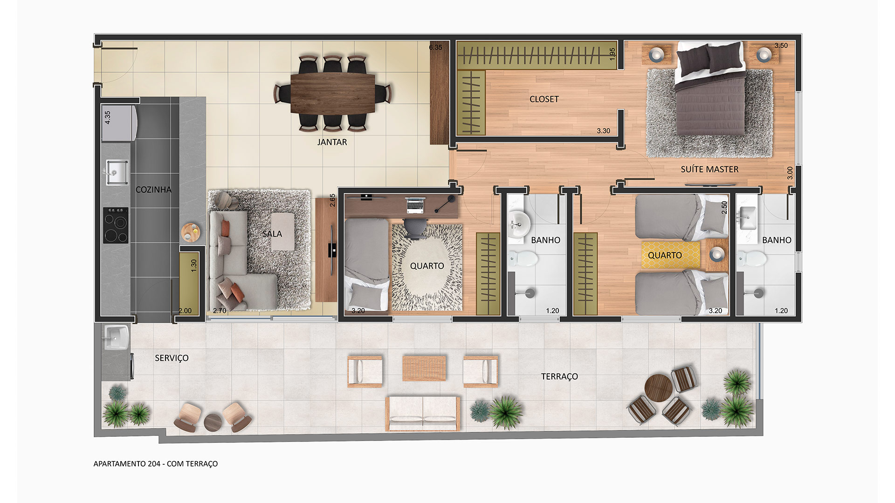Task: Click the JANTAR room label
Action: click(332, 142)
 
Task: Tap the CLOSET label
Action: click(544, 99)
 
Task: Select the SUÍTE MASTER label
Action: click(709, 169)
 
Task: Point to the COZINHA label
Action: click(153, 190)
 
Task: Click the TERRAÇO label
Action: click(559, 376)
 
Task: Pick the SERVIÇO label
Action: click(172, 358)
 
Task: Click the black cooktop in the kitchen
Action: click(116, 225)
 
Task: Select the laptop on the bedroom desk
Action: click(415, 204)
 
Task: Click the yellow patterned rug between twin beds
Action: click(670, 255)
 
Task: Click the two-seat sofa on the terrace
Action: click(423, 414)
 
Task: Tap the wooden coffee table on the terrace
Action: click(424, 368)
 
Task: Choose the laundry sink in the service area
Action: click(116, 337)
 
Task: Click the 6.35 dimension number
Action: click(435, 48)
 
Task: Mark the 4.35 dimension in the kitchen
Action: click(108, 117)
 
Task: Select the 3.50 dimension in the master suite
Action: click(781, 46)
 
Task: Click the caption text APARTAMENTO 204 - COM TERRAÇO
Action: click(156, 464)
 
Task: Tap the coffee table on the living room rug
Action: click(283, 231)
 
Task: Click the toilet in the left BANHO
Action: click(520, 259)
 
